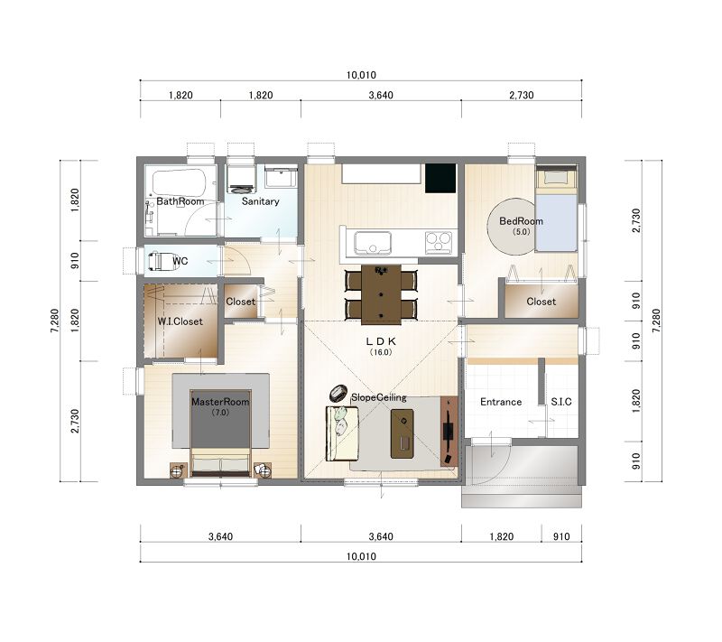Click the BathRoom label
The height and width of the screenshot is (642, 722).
(x=180, y=201)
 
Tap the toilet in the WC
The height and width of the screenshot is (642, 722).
(x=155, y=261)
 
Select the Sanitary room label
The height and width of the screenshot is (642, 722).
(x=260, y=201)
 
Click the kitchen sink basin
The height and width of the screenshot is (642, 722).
(x=372, y=242)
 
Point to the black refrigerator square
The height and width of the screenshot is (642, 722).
(x=440, y=178)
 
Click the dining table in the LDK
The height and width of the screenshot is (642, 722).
(x=381, y=294)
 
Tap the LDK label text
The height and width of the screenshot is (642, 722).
(x=381, y=341)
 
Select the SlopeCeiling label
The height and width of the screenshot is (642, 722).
(x=378, y=397)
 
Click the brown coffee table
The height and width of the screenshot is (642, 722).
(x=402, y=433)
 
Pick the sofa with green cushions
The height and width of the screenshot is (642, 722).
(x=342, y=433)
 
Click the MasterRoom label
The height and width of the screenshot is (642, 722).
(x=220, y=402)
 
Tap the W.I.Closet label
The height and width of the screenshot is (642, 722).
(x=180, y=321)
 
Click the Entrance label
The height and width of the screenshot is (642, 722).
(x=501, y=402)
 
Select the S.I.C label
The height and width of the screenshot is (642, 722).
(x=561, y=402)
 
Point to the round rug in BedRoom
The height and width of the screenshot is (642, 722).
(x=512, y=226)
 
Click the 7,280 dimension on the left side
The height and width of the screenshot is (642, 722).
(x=55, y=321)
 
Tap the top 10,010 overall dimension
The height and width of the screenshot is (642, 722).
(x=361, y=75)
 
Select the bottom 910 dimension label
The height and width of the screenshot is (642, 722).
(x=561, y=536)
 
